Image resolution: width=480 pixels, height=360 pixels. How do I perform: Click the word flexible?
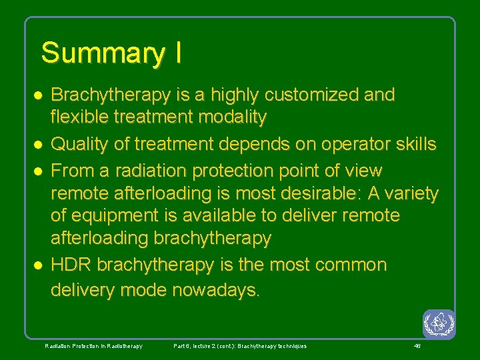point(80,118)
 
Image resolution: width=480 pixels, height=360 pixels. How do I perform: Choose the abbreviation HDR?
point(71,265)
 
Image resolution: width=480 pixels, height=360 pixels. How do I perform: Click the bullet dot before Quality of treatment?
point(39,145)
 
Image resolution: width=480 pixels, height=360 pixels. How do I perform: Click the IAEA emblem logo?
point(439,324)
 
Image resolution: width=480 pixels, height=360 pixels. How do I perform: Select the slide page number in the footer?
point(417,346)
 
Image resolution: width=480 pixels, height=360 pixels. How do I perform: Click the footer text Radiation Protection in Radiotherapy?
point(93,346)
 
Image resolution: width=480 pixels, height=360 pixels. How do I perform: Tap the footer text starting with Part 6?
point(240,346)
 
